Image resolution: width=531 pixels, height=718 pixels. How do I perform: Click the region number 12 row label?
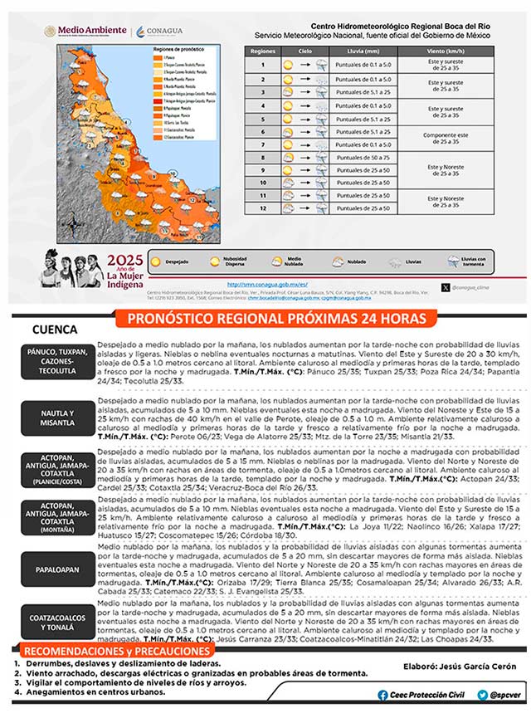pyautogui.click(x=262, y=208)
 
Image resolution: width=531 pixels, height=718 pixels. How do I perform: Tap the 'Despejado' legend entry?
pyautogui.click(x=169, y=261)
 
